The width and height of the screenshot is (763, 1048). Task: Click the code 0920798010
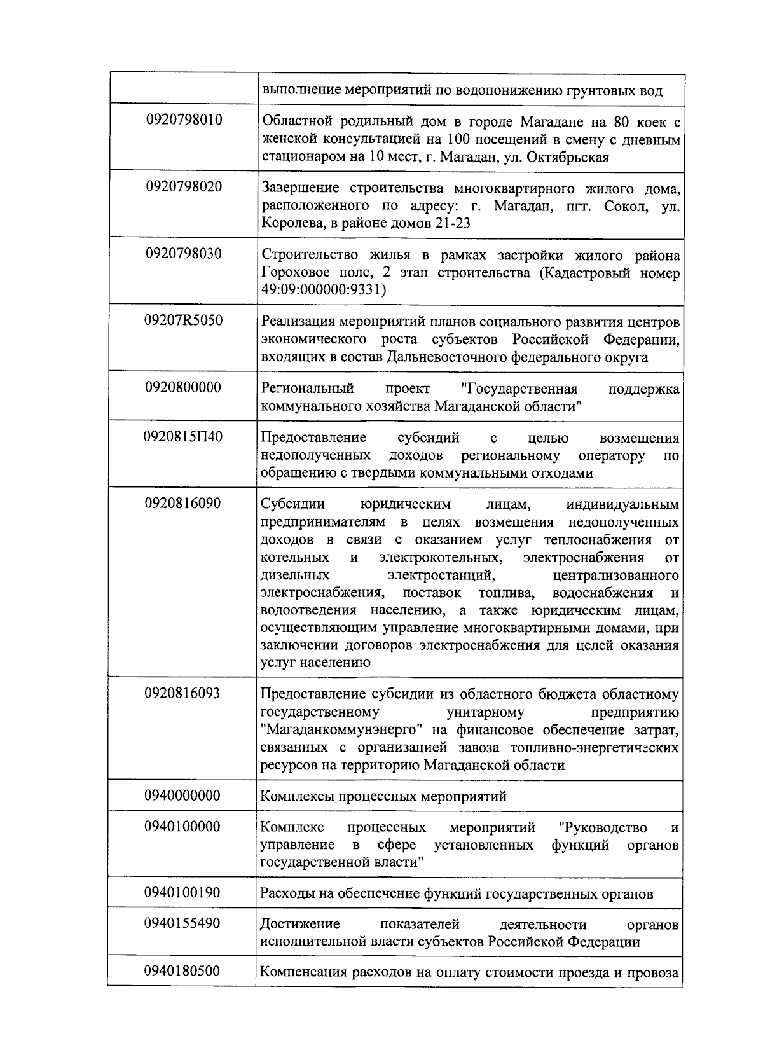click(x=184, y=120)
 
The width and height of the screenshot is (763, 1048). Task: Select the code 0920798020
click(x=184, y=186)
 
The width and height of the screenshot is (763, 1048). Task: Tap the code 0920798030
click(x=184, y=254)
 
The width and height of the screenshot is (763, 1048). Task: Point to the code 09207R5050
click(x=184, y=321)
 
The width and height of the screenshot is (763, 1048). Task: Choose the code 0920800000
click(x=184, y=387)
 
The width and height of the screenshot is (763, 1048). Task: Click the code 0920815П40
click(x=184, y=437)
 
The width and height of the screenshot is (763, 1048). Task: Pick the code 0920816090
click(x=184, y=504)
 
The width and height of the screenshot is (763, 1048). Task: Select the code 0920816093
click(x=184, y=693)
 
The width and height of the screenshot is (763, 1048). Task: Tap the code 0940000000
click(x=184, y=796)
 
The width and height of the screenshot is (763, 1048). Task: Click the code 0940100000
click(x=184, y=827)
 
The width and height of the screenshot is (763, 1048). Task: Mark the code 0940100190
click(x=184, y=893)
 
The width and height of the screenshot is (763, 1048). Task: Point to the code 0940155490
click(x=184, y=923)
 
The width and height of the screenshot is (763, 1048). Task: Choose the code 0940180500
click(x=184, y=972)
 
